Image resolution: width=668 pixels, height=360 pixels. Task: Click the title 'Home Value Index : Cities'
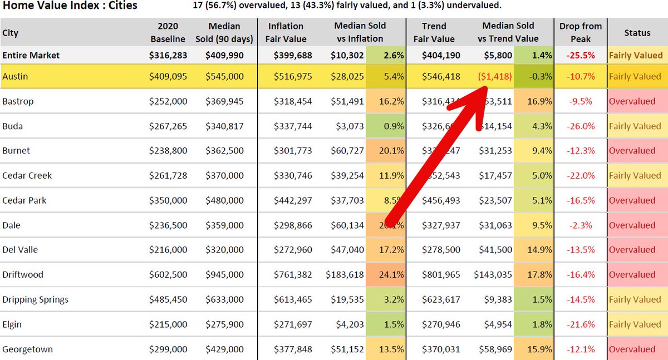70,6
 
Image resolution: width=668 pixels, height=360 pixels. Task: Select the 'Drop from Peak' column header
580,33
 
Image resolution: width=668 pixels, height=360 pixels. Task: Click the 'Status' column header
637,33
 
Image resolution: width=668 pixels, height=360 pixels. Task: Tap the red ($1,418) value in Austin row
494,77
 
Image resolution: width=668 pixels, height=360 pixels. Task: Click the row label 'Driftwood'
23,275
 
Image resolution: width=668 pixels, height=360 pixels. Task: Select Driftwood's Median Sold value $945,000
224,275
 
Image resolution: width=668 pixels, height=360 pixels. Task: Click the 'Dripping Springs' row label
36,300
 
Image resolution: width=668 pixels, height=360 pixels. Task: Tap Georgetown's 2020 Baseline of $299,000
168,349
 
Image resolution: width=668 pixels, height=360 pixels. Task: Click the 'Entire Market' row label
31,56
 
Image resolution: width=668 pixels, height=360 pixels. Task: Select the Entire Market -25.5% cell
581,56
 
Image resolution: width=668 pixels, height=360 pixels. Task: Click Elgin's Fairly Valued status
635,324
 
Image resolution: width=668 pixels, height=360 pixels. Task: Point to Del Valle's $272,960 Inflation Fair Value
293,250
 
